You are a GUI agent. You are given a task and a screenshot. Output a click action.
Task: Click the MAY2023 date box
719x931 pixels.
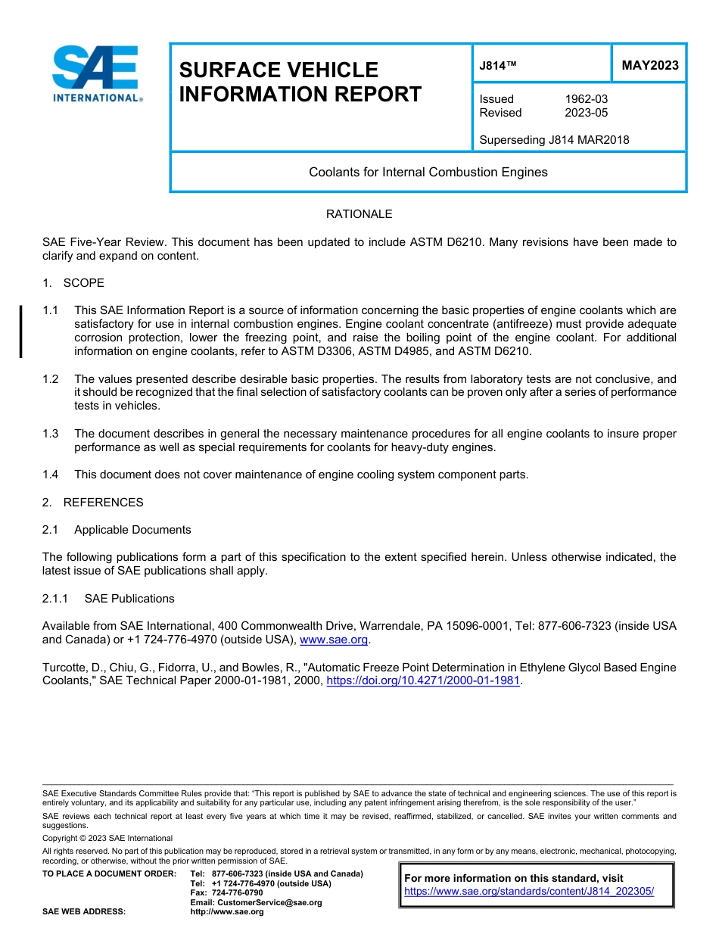tap(649, 65)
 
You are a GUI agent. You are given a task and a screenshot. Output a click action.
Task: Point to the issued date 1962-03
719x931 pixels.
tap(586, 99)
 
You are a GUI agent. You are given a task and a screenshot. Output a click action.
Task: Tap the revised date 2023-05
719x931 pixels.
tap(586, 113)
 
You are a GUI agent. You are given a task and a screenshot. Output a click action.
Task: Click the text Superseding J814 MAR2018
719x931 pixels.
tap(554, 139)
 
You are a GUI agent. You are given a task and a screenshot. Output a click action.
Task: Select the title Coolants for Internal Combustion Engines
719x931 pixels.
tap(428, 172)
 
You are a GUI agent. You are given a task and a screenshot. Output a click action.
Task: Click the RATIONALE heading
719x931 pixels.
tap(359, 214)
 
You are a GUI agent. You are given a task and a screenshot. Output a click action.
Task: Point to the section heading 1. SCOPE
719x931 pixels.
tap(73, 283)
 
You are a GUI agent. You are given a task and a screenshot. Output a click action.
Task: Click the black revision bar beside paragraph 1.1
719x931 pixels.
tap(21, 332)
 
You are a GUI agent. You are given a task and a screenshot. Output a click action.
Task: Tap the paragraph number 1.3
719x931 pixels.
tap(51, 434)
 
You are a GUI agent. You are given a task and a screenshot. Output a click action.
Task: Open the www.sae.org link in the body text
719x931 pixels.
tap(334, 640)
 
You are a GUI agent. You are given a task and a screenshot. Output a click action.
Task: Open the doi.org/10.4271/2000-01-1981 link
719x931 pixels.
tap(423, 680)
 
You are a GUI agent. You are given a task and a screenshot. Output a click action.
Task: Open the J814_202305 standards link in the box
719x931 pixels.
tap(528, 891)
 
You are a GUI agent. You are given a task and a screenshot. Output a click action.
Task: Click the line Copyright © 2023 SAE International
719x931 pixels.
tap(107, 838)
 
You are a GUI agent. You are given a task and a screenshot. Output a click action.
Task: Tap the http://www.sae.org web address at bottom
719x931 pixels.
tap(227, 911)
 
